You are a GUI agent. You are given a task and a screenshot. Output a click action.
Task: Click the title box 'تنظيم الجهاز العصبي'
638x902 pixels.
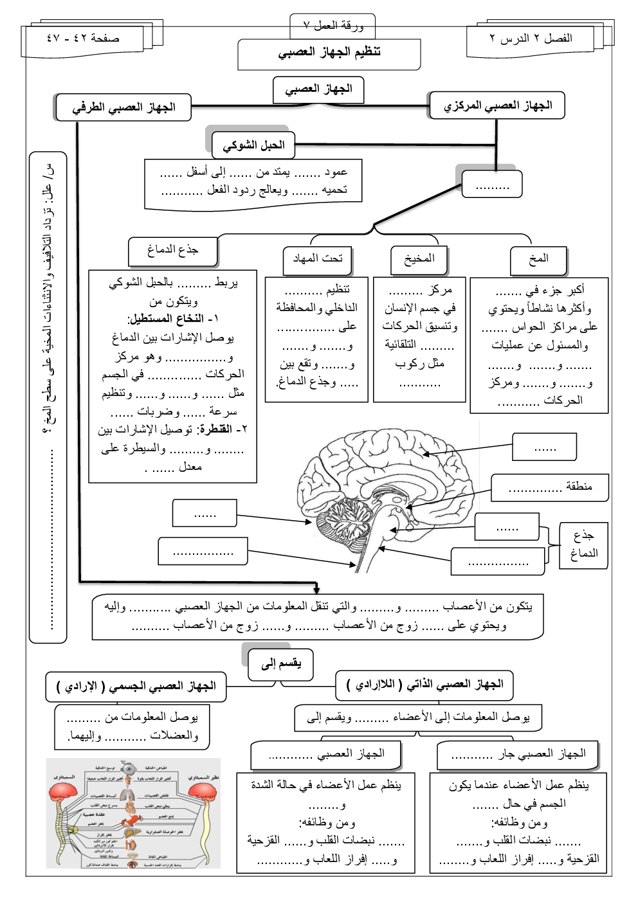click(329, 53)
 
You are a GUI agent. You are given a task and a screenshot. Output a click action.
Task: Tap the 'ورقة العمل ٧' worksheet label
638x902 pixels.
click(333, 26)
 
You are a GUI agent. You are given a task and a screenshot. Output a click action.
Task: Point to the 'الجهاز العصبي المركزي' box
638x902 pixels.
click(497, 105)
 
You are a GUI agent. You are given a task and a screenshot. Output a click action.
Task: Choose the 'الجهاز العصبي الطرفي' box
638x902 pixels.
click(123, 107)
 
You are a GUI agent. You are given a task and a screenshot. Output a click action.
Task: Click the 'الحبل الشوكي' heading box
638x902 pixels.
click(253, 145)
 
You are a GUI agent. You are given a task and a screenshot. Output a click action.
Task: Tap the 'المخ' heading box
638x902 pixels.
click(538, 259)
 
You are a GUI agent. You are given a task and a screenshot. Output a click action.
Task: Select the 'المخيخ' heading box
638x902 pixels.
click(419, 259)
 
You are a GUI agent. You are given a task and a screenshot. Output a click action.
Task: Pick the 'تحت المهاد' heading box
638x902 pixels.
click(318, 259)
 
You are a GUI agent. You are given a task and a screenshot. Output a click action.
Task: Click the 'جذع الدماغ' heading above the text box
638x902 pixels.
click(172, 250)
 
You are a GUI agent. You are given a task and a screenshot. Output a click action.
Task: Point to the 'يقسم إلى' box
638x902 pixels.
click(281, 663)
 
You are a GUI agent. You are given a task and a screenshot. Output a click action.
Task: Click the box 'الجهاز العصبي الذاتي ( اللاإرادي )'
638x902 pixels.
click(424, 685)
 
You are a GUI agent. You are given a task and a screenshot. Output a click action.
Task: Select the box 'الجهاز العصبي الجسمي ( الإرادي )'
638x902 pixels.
click(136, 687)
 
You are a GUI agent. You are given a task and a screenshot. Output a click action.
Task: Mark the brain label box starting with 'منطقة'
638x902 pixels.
click(550, 487)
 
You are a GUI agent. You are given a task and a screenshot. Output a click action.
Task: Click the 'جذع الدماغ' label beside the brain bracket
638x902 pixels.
click(583, 545)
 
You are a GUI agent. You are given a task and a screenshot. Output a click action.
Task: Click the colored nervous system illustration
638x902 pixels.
click(133, 813)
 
